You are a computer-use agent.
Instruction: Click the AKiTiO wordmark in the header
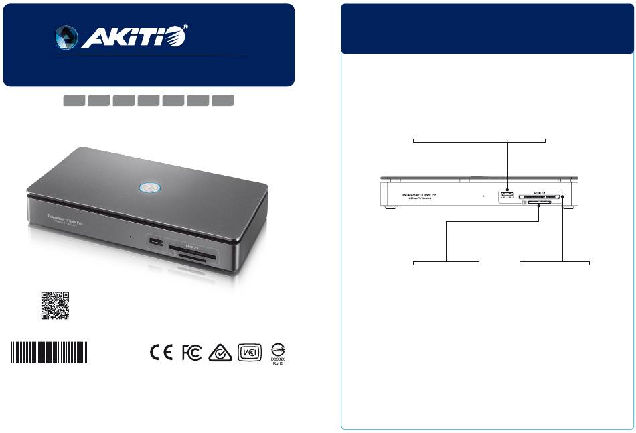131,38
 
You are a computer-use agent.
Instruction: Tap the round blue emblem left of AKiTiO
65,38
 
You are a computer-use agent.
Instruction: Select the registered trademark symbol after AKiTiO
185,29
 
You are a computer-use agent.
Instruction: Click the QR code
56,306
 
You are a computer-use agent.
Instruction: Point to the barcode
50,353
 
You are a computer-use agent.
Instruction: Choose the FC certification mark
192,353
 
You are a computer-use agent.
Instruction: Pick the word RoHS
279,367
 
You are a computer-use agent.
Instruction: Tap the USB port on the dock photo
156,241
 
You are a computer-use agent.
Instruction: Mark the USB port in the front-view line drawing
507,195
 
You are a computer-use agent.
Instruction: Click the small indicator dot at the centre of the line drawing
483,196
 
